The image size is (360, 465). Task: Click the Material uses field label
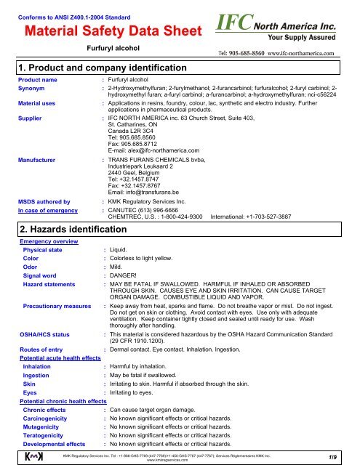pyautogui.click(x=41, y=105)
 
